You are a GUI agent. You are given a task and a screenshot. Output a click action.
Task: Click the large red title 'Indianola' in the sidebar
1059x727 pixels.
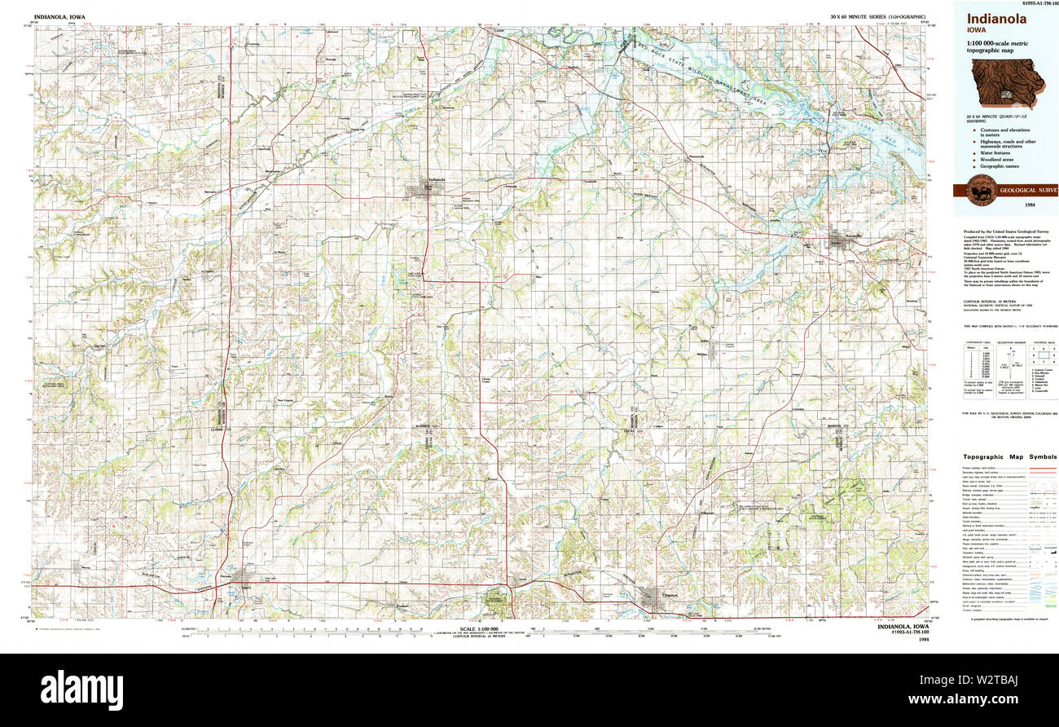(x=996, y=18)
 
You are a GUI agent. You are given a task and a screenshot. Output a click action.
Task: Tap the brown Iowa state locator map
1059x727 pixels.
(x=1006, y=83)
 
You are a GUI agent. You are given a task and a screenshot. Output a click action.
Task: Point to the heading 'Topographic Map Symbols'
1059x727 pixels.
(x=1009, y=457)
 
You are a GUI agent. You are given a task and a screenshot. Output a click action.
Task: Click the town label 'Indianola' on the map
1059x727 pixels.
(x=437, y=179)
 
